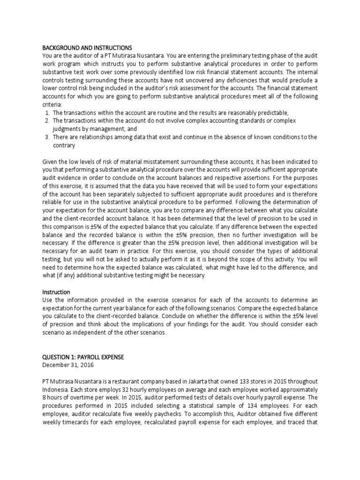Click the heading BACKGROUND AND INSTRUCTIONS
click(87, 48)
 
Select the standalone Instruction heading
click(56, 292)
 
